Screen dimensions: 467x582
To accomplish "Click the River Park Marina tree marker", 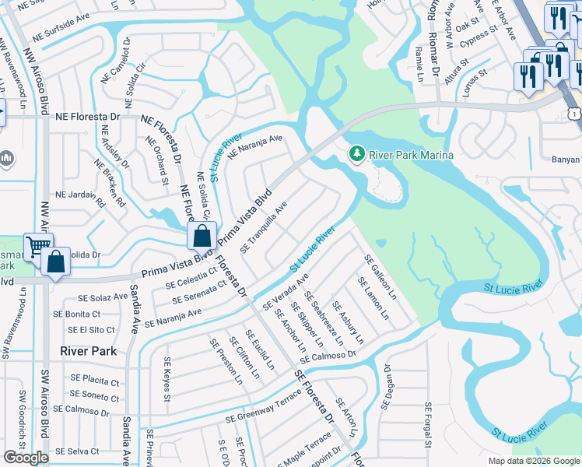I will [x=357, y=155].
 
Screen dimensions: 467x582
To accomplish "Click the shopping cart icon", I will [x=37, y=248].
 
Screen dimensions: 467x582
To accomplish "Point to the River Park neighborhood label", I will [x=89, y=351].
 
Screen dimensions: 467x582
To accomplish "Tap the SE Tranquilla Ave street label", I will [x=265, y=228].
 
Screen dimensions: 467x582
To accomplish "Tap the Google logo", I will [x=26, y=458].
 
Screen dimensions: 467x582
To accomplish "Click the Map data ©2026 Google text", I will [x=533, y=461].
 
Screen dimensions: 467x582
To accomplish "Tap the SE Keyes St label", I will [x=167, y=379].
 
